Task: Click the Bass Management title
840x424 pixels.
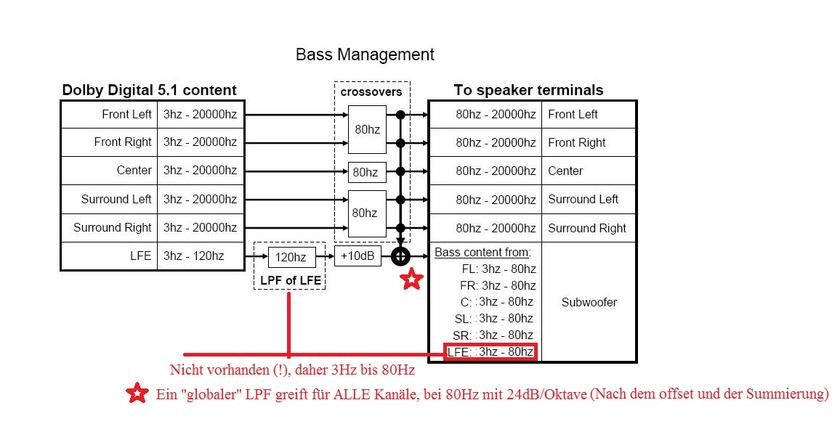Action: (x=365, y=54)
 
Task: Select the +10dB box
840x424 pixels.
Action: (x=358, y=256)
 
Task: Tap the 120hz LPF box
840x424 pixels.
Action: (x=292, y=257)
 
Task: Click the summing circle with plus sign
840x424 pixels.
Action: (x=400, y=256)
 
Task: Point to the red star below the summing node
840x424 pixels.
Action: (x=411, y=279)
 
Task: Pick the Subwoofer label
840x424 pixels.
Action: (x=589, y=302)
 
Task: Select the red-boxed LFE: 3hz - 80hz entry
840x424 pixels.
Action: (x=490, y=351)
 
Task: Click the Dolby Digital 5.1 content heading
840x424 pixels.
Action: (x=150, y=90)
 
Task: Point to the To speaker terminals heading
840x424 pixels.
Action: (x=528, y=90)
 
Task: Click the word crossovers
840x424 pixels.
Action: (x=371, y=91)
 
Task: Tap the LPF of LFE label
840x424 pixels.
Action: (x=291, y=280)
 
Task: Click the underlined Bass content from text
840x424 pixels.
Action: (x=482, y=252)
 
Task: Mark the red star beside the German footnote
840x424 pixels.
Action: (x=137, y=393)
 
